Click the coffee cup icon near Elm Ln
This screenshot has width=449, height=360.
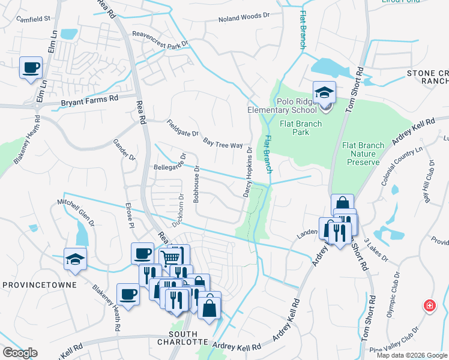31,67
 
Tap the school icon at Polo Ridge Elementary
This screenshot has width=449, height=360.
324,92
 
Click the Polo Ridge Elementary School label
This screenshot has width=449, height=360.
282,106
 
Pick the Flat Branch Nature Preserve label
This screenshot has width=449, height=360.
361,154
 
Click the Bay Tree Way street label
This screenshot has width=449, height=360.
223,143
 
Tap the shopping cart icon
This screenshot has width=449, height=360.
170,257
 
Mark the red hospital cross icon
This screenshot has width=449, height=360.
430,306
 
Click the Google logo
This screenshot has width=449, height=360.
20,353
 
